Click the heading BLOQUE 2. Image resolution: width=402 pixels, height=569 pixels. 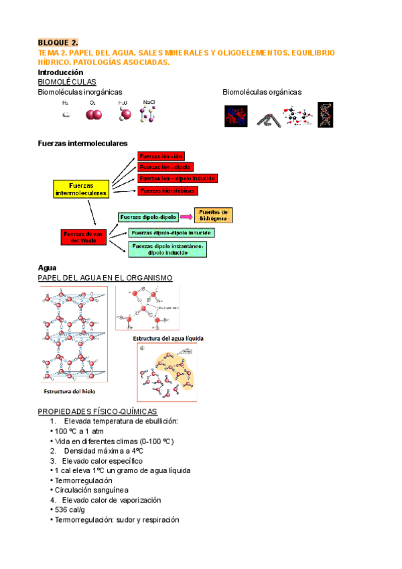[x=58, y=42]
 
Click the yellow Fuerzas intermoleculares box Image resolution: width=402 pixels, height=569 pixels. [x=81, y=189]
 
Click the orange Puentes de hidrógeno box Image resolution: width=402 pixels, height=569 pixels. [x=214, y=215]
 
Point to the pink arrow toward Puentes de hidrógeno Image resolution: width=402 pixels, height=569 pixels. [x=186, y=217]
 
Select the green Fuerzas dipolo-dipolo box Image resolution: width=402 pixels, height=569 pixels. [x=148, y=217]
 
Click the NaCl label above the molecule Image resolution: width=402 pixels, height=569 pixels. [x=149, y=102]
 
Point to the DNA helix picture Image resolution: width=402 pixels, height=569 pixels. [x=326, y=115]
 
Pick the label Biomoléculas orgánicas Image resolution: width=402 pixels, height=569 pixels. [x=262, y=92]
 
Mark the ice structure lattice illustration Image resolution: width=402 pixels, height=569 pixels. [x=73, y=335]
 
